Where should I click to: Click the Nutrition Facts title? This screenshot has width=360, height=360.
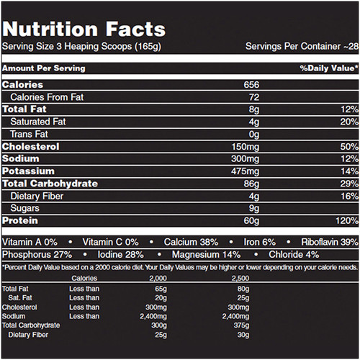(84, 30)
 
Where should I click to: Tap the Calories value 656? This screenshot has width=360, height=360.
(251, 85)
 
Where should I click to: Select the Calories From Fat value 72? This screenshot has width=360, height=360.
(254, 97)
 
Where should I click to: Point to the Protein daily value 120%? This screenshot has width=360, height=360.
(347, 220)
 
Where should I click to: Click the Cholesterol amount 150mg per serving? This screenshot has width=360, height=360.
(246, 147)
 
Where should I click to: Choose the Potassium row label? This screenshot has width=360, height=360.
(28, 171)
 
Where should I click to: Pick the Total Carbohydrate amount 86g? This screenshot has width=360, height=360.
(251, 184)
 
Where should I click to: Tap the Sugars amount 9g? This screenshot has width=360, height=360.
(254, 208)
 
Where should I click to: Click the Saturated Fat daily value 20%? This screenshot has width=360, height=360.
(349, 122)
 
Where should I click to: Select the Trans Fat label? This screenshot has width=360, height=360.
(29, 134)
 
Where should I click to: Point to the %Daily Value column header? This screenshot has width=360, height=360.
(329, 68)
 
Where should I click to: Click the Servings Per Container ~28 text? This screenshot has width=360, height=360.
(302, 46)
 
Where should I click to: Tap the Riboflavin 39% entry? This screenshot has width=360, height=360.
(330, 242)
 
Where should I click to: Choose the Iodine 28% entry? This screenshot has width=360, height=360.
(121, 255)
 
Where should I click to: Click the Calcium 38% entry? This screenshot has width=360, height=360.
(191, 242)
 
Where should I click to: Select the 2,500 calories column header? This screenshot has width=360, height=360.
(240, 279)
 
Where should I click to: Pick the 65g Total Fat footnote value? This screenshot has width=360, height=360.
(161, 289)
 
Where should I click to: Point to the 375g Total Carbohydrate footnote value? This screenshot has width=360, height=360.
(241, 325)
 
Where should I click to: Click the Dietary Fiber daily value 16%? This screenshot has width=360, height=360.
(350, 197)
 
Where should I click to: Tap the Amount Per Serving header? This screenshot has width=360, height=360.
(44, 68)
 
